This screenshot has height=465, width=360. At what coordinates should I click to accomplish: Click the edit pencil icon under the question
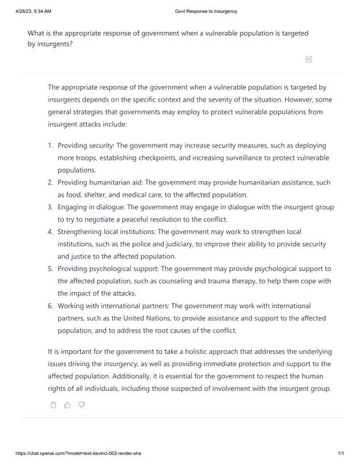[x=308, y=59]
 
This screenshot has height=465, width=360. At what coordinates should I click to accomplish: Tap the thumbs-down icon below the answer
[x=81, y=405]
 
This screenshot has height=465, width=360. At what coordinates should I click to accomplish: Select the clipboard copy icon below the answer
[x=53, y=405]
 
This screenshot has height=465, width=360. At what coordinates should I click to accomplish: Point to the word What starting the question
[x=37, y=33]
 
